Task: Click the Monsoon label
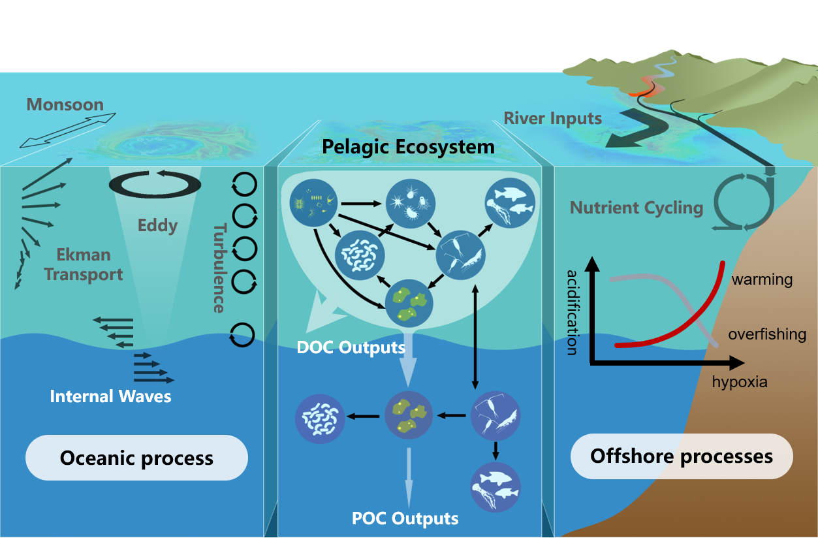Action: coord(65,105)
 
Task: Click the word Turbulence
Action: coord(220,268)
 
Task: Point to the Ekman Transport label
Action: coord(83,264)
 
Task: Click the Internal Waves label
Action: coord(110,396)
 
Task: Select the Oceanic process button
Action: coord(136,458)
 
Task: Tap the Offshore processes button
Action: coord(681,456)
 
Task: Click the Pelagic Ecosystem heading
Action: coord(408,147)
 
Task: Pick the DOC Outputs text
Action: coord(351,347)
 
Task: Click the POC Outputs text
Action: coord(405,518)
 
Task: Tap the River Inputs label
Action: coord(552,119)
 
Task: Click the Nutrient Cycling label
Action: coord(636,208)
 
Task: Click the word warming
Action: coord(762,280)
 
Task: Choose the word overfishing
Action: coord(767,335)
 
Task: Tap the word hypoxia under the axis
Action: coord(740,382)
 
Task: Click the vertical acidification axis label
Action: coord(572,311)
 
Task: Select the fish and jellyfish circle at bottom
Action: coord(496,487)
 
